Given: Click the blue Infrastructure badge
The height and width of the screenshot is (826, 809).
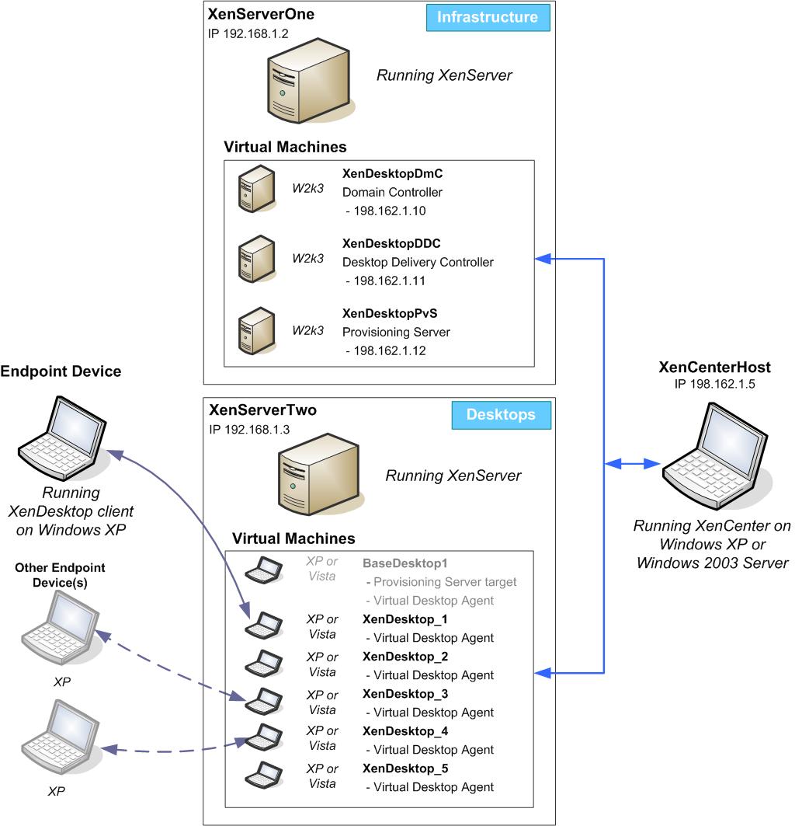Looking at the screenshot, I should coord(488,17).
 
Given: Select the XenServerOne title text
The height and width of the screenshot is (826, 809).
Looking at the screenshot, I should coord(262,15).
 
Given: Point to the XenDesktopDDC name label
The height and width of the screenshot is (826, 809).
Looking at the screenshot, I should coord(391,244).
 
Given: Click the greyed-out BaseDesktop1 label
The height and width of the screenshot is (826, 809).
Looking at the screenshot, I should coord(405,563).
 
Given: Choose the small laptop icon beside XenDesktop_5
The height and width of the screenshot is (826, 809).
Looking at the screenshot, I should coord(262,776).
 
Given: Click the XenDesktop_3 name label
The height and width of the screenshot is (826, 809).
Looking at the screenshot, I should coord(405,694).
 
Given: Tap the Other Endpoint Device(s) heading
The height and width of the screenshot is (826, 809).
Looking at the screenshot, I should coord(60,575).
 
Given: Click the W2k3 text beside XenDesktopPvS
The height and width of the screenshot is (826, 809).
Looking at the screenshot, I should coord(307,330).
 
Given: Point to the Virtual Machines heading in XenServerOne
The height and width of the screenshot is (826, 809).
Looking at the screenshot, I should coord(285,147).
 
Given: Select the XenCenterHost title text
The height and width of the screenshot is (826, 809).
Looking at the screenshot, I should coord(714,368).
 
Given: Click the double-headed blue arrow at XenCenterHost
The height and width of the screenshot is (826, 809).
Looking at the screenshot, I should coord(633,465).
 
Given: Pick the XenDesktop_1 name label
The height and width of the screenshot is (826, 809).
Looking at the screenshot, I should coord(405,619).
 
